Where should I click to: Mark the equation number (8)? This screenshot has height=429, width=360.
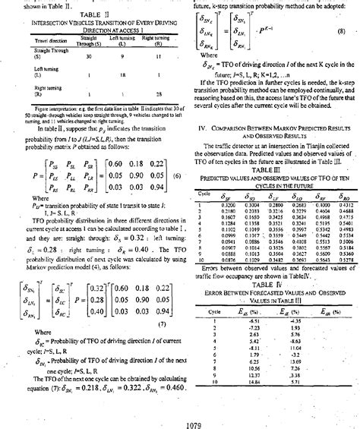point(342,33)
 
